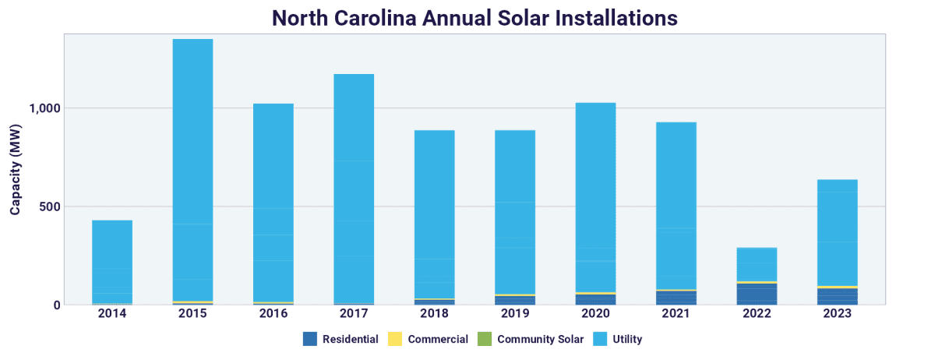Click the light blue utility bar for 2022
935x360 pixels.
[757, 264]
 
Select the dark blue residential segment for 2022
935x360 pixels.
[757, 294]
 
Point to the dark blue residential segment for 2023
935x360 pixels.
[837, 296]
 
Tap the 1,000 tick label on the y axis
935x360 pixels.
[44, 108]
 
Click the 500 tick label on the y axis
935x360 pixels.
[49, 206]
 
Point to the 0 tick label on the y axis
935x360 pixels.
[57, 305]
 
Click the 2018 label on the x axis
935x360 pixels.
[435, 314]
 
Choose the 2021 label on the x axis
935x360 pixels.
[676, 314]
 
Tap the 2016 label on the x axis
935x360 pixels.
[273, 314]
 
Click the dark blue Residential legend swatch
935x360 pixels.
[309, 339]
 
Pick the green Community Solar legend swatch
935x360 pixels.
[484, 339]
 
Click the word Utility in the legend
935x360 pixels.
[627, 339]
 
